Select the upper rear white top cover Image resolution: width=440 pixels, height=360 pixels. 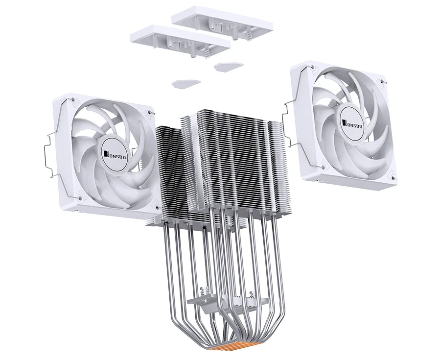click(x=222, y=25)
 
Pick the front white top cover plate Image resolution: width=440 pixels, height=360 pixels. click(x=180, y=41)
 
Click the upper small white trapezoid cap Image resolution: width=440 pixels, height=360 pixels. click(x=227, y=66)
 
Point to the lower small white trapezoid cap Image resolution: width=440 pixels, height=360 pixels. click(x=186, y=83)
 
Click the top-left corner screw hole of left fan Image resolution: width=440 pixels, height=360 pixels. click(x=72, y=99)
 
